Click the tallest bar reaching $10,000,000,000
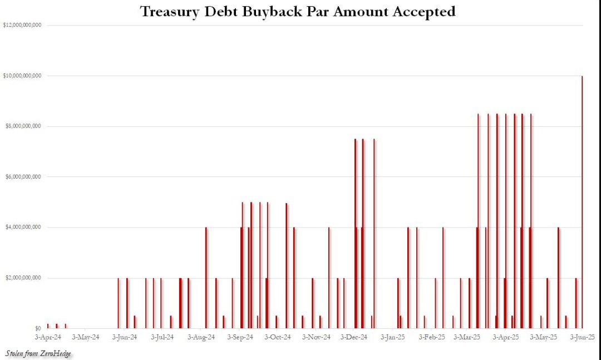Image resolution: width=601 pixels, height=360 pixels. click(x=582, y=200)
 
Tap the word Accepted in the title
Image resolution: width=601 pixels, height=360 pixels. click(x=424, y=11)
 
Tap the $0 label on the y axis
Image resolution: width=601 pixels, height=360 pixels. click(x=37, y=329)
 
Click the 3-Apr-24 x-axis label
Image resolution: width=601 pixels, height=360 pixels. click(x=48, y=337)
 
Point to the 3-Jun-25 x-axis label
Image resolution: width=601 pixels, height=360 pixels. click(x=582, y=337)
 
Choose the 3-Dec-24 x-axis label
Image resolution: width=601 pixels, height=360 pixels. click(x=354, y=337)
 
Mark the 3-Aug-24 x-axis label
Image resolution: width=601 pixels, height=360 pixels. click(x=201, y=337)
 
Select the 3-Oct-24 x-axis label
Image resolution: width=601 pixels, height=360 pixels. click(x=278, y=337)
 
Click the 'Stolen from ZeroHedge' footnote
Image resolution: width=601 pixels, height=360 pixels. click(x=38, y=353)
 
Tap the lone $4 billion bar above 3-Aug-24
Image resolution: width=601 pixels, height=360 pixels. click(x=206, y=278)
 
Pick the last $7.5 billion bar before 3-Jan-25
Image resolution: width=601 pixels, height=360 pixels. click(x=374, y=234)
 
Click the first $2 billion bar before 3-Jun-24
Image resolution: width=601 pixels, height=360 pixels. click(x=118, y=303)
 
